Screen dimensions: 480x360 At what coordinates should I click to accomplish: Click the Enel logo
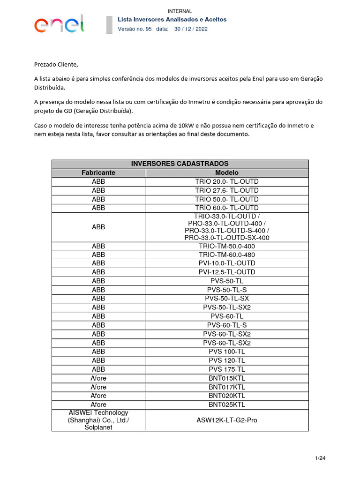point(59,23)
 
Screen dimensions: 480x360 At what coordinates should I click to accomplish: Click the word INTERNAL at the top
point(180,11)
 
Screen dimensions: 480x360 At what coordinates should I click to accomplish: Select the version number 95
point(149,29)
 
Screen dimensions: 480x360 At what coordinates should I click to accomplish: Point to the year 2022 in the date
point(201,29)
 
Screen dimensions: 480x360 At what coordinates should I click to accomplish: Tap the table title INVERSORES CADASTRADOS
point(180,164)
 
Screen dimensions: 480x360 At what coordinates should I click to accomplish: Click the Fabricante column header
point(98,172)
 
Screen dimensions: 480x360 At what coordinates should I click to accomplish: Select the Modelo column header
point(227,172)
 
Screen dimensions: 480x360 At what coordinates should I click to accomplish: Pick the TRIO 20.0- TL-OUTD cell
point(227,181)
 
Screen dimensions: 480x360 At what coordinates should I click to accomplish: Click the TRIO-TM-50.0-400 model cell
point(227,246)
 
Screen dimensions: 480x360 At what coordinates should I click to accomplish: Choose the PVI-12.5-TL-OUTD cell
point(227,272)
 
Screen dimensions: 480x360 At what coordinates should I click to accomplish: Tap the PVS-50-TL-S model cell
point(227,290)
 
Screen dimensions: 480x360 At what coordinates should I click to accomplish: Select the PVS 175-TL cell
point(227,369)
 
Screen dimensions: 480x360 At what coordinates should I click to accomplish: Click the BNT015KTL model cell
point(227,378)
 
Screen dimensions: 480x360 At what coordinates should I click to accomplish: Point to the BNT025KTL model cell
point(227,405)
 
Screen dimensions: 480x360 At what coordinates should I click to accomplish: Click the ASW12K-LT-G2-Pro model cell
point(227,420)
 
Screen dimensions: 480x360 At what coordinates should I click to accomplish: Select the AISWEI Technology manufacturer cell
point(98,420)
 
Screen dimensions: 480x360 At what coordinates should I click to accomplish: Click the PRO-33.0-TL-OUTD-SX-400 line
point(227,238)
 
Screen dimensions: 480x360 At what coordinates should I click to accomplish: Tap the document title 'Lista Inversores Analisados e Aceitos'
point(172,20)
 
